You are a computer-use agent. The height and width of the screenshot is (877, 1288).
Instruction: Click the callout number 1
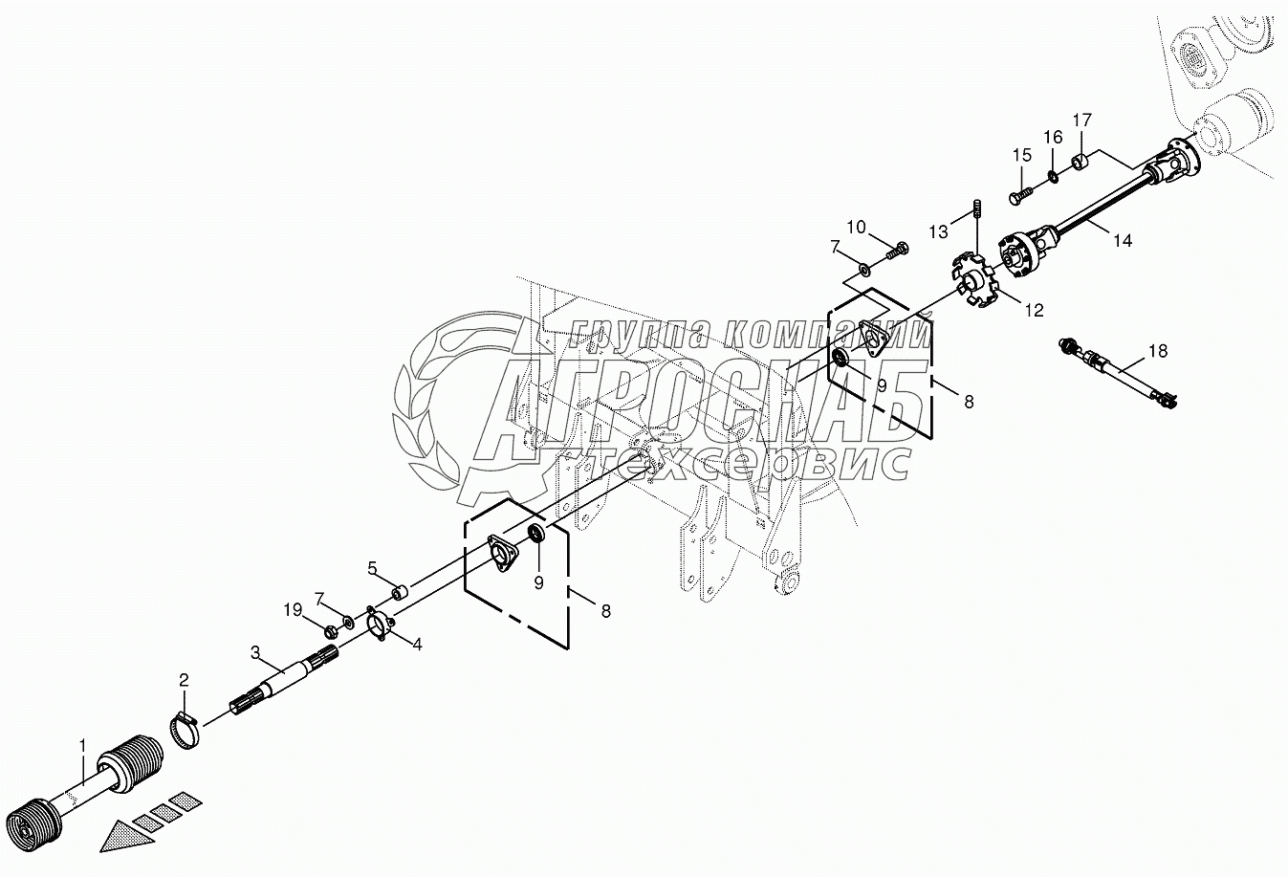83,745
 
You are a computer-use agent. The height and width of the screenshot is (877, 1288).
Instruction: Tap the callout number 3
255,652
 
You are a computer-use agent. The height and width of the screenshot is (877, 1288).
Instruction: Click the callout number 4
417,644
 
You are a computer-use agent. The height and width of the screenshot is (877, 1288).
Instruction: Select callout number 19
292,608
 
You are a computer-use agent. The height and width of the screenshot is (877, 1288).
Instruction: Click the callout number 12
1034,310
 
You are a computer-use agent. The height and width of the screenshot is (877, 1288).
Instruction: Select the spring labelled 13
977,208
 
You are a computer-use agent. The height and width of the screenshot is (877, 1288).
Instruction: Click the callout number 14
1122,241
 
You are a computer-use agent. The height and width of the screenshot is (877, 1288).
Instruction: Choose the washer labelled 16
1053,175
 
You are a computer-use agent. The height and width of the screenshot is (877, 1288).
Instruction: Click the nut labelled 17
1078,160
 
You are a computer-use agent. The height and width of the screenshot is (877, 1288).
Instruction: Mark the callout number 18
1157,351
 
